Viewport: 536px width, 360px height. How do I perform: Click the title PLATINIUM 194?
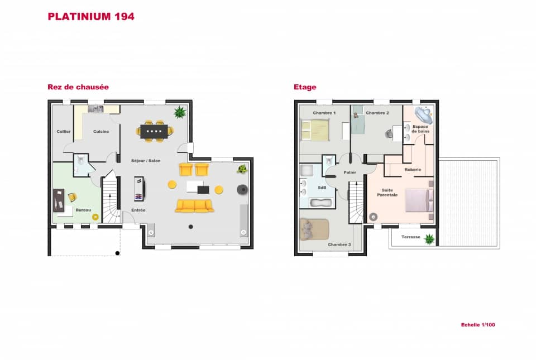(91, 16)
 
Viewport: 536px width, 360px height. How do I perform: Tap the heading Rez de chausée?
(78, 87)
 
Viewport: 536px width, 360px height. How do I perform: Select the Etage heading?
(305, 87)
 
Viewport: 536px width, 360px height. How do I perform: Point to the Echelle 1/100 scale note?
(478, 324)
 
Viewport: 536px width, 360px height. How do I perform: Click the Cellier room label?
(63, 132)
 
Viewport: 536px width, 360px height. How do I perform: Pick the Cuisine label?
(101, 132)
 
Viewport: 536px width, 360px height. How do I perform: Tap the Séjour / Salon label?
(146, 161)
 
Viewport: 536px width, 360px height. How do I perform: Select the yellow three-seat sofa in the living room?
(194, 206)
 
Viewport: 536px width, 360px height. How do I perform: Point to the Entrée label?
(138, 210)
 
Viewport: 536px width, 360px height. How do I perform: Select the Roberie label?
(413, 169)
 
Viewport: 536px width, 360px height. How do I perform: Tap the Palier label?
(350, 172)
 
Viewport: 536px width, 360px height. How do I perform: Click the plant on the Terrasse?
(429, 239)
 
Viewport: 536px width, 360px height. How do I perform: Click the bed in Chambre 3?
(314, 229)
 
